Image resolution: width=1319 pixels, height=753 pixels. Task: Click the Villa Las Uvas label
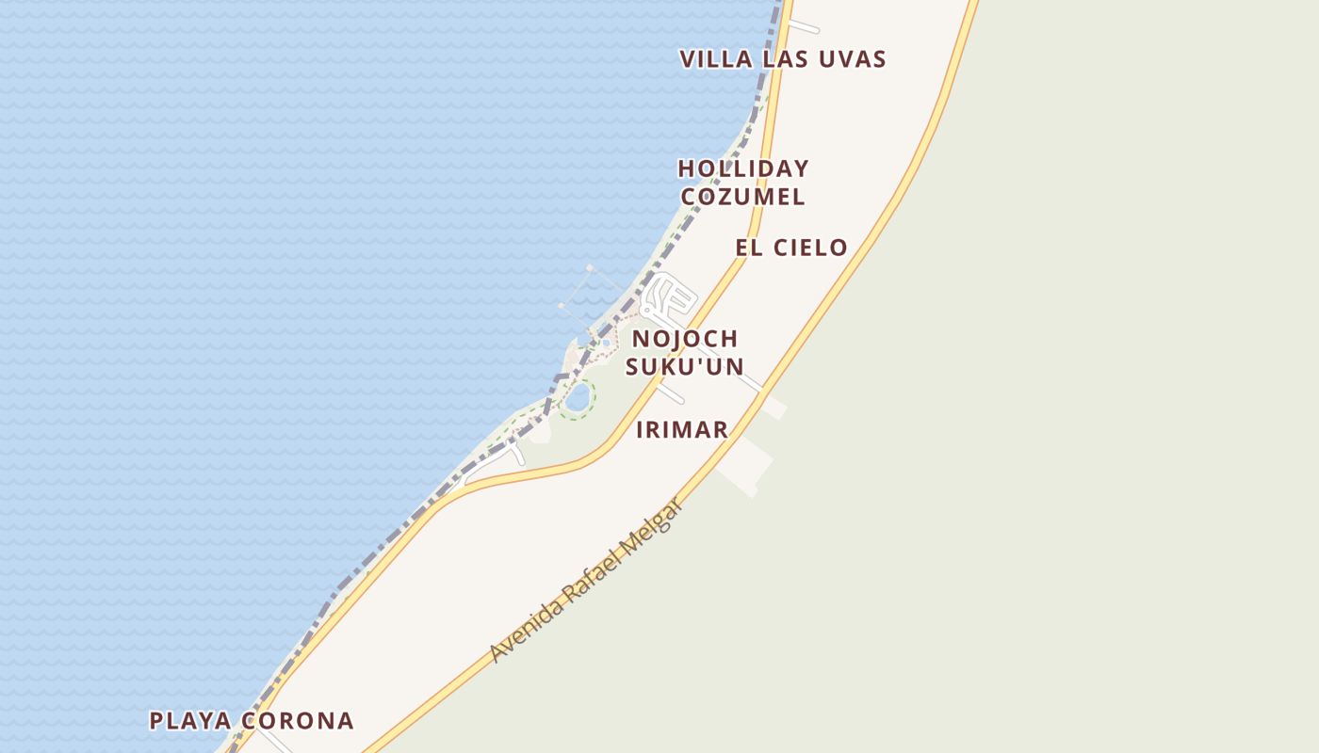(783, 59)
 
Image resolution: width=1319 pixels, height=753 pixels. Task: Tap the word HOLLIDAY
(743, 169)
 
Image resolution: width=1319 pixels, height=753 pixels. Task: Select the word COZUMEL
(742, 197)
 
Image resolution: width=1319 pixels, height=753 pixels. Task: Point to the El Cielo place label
(791, 248)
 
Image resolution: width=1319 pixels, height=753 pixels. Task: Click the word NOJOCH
(685, 339)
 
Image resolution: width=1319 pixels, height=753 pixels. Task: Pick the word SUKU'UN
(685, 367)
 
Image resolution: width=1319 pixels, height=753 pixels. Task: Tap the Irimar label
(682, 430)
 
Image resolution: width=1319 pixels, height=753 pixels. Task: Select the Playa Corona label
(252, 721)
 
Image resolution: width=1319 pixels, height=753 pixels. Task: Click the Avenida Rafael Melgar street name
(585, 581)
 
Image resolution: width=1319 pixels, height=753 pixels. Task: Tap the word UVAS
(853, 59)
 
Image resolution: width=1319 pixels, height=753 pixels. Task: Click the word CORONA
(297, 721)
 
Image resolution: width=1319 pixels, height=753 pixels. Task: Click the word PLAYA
(191, 721)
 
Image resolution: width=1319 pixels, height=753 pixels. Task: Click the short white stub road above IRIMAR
(671, 393)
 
